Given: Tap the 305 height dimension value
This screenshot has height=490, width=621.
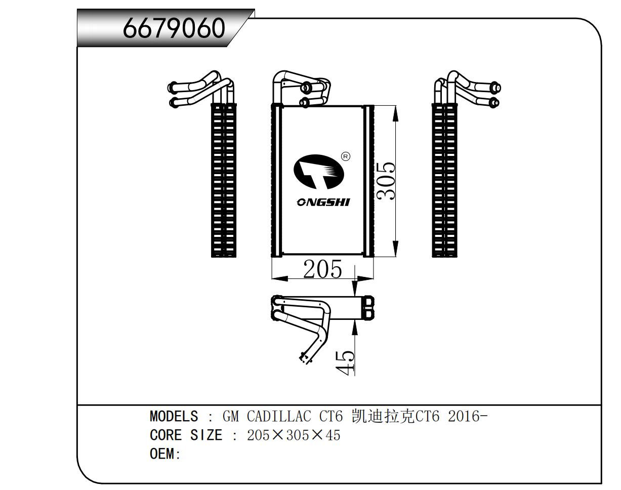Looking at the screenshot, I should point(387,181).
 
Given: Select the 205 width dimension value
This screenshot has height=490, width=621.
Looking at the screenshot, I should point(322,269).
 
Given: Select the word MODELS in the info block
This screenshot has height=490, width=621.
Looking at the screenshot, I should point(174,417).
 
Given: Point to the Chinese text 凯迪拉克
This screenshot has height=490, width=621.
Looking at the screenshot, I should point(383,417).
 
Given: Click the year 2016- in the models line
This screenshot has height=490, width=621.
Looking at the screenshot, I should point(468,417).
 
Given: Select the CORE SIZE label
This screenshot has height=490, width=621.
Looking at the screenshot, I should point(186,435).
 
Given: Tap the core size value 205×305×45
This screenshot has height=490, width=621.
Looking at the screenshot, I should point(294,435).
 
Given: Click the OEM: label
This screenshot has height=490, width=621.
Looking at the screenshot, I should point(165,454).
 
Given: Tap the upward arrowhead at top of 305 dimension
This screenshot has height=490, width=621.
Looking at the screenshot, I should point(395,113).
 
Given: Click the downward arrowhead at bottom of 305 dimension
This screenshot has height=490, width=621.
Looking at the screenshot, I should point(395,249).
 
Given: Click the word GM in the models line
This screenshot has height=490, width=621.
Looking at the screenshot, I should point(230,417).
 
